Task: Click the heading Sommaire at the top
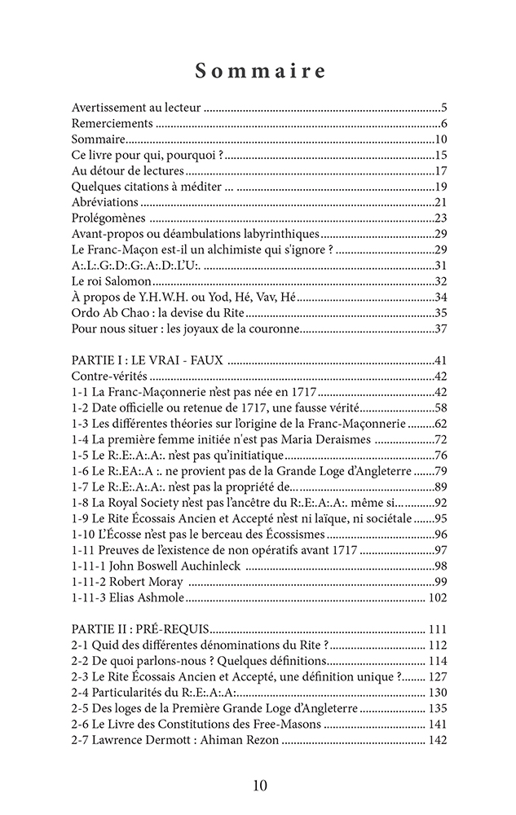coord(259,72)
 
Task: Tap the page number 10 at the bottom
coord(259,786)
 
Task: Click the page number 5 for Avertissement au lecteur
coord(443,107)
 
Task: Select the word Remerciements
coord(112,123)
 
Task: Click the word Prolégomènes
coord(108,218)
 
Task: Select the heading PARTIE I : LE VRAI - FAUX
coord(148,360)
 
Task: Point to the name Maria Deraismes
coord(327,439)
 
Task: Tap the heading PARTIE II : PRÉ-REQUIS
coord(141,629)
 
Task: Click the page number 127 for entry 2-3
coord(437,676)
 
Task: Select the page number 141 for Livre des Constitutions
coord(437,724)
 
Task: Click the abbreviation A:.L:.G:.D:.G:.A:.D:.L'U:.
coord(136,265)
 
